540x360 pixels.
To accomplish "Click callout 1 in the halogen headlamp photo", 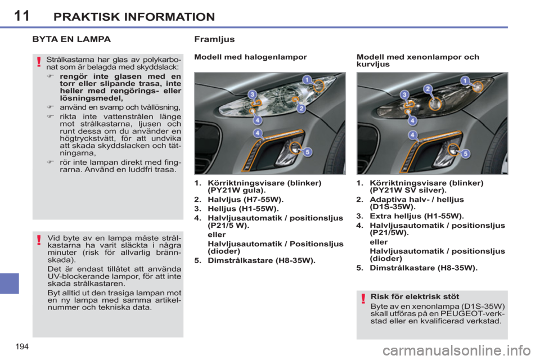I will click(307, 79).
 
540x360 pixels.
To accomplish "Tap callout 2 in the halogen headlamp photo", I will click(301, 107).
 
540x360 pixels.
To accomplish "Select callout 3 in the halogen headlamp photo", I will click(253, 94).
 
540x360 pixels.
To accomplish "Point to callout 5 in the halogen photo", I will click(307, 151).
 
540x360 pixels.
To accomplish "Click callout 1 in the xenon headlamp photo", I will click(465, 80).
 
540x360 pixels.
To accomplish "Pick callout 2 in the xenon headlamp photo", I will click(427, 89).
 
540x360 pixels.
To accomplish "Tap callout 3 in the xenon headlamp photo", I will click(404, 94).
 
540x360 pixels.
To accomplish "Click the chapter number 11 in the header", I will click(21, 15).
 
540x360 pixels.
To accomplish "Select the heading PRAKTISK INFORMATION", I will click(134, 16).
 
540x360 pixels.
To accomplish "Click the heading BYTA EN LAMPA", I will click(71, 40).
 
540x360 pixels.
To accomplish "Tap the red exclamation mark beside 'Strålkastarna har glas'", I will click(39, 62).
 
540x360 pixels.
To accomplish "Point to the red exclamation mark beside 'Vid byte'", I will click(39, 241).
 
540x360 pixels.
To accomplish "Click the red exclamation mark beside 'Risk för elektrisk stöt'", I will click(363, 298).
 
